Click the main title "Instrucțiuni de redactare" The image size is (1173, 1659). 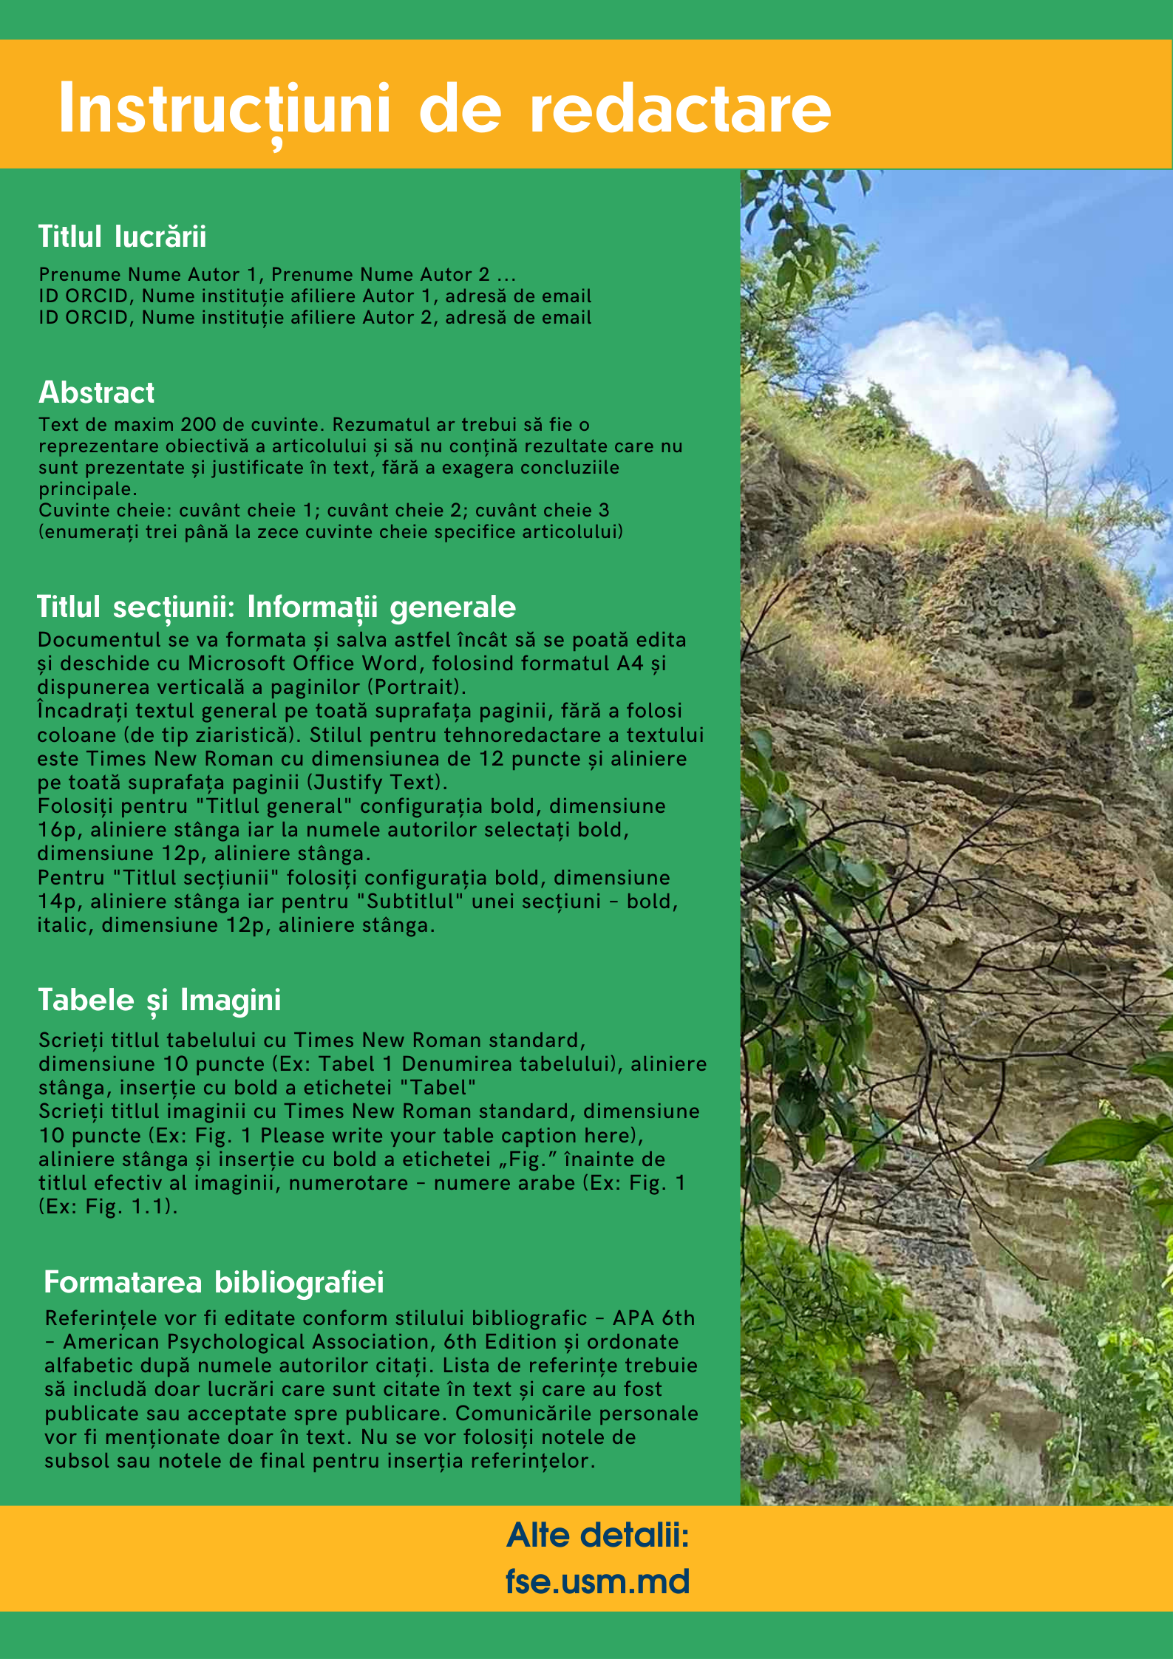pos(444,109)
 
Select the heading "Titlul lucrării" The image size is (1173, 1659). pos(122,236)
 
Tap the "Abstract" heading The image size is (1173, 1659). pos(96,392)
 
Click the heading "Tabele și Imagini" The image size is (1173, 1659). pos(159,1000)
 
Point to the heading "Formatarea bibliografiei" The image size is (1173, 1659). pos(214,1282)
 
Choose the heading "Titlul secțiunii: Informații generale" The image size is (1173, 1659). pos(276,607)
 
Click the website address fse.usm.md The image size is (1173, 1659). pos(597,1581)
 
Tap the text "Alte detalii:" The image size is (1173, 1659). pos(597,1536)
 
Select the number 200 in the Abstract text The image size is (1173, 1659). pos(198,425)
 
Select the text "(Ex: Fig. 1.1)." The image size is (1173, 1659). pos(108,1207)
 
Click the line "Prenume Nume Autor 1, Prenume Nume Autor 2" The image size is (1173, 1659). pos(264,275)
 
